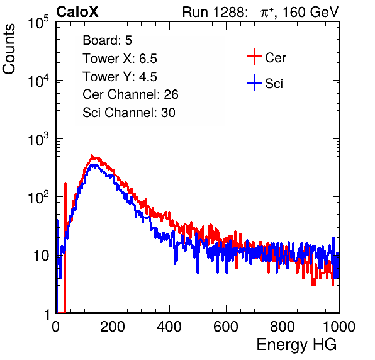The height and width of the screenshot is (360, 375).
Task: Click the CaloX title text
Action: pos(77,12)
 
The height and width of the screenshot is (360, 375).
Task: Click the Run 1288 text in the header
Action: pos(214,12)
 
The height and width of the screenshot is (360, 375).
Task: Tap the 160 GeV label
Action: pos(310,12)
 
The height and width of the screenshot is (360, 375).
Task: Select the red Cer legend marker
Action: pos(254,57)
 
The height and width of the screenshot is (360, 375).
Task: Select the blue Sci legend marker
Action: pos(254,82)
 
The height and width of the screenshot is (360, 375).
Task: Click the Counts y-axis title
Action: pos(9,49)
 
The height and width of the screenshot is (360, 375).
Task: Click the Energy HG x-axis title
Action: pos(296,345)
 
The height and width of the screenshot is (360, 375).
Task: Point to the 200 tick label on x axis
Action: pos(113,327)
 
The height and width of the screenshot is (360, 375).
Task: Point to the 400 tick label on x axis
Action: pos(169,327)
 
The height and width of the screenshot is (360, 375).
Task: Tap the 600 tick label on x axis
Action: pos(226,327)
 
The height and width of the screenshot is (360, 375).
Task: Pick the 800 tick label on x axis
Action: pos(283,327)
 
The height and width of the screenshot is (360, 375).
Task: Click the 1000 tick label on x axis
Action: pos(339,327)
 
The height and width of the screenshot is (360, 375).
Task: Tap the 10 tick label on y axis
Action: pos(41,256)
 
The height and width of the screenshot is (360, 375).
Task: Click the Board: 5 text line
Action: pos(107,40)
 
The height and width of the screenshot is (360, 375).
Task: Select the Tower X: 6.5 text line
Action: pos(120,59)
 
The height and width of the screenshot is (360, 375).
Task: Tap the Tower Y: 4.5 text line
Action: pos(120,77)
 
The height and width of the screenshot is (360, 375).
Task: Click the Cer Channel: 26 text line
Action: pos(130,94)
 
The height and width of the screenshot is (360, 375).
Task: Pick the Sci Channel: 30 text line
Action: pos(129,113)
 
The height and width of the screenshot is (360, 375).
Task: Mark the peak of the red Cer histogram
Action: pos(92,155)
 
